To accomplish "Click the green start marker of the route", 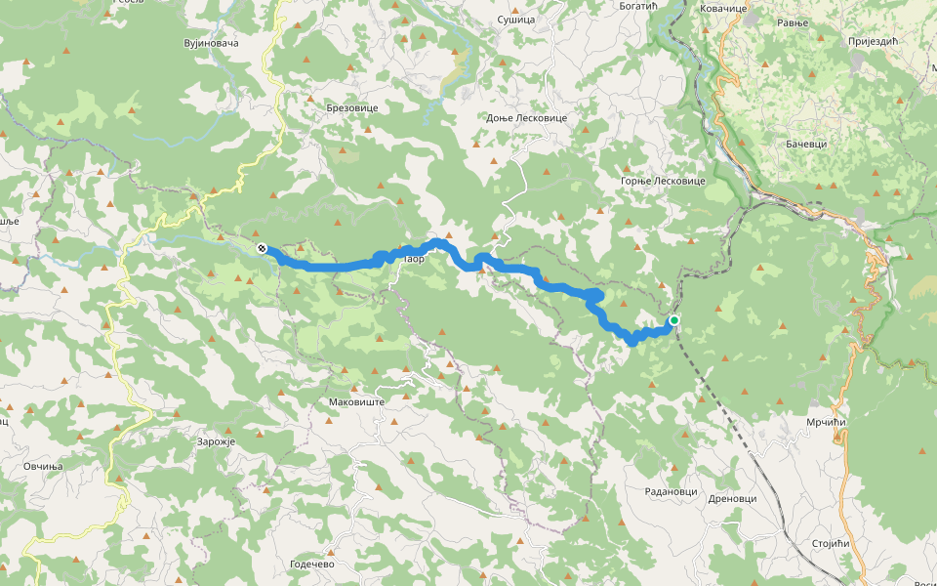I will click(673, 320).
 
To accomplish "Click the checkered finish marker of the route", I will click(262, 249).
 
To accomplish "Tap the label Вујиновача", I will click(211, 44).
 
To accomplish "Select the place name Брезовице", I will click(351, 108).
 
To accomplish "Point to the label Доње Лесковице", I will click(526, 117).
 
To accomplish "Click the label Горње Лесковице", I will click(663, 181).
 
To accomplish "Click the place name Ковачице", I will click(723, 8).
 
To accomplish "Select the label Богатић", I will click(640, 6).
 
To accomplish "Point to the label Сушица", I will click(516, 20).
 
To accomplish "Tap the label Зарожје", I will click(217, 441).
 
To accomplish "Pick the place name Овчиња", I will click(43, 466).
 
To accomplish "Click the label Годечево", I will click(312, 565).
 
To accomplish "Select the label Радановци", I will click(672, 491).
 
